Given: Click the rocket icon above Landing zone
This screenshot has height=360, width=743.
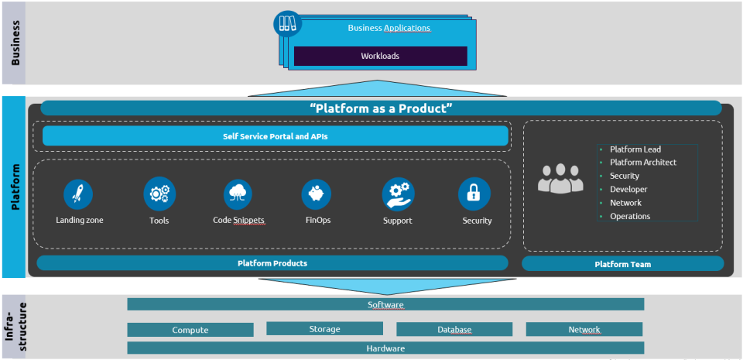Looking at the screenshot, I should pos(79,194).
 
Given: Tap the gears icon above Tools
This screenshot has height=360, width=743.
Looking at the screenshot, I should pos(159,194).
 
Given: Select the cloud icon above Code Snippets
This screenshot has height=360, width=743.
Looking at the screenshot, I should pos(238,194).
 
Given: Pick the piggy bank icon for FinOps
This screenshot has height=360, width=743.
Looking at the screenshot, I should pos(317,194).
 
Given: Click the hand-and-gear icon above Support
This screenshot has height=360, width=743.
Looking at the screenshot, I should pos(398,194).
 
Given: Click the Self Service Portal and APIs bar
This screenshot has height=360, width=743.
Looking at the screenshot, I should pos(276,137).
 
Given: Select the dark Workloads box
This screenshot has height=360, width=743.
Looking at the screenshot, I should pos(380,56).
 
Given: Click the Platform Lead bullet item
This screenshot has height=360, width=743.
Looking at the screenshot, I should pos(635,149).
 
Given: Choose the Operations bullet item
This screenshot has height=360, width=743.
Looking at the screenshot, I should pos(629,217).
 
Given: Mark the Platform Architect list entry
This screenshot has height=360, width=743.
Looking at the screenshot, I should pos(642,163).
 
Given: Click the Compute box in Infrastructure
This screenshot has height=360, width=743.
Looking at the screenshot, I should pos(190,330).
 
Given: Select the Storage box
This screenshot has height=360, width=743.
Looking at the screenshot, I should pos(324,329).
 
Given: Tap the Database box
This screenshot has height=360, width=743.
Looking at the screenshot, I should pos(454,330).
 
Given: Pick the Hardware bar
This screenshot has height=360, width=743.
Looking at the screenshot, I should pos(385,348).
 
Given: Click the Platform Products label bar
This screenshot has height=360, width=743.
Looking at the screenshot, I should pos(272,263).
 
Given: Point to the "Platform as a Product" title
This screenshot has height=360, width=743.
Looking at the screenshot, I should pos(381,108).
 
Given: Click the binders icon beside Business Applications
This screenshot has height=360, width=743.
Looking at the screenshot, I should pos(287,24).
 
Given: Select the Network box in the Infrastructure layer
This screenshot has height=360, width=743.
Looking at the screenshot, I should pos(584,330).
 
